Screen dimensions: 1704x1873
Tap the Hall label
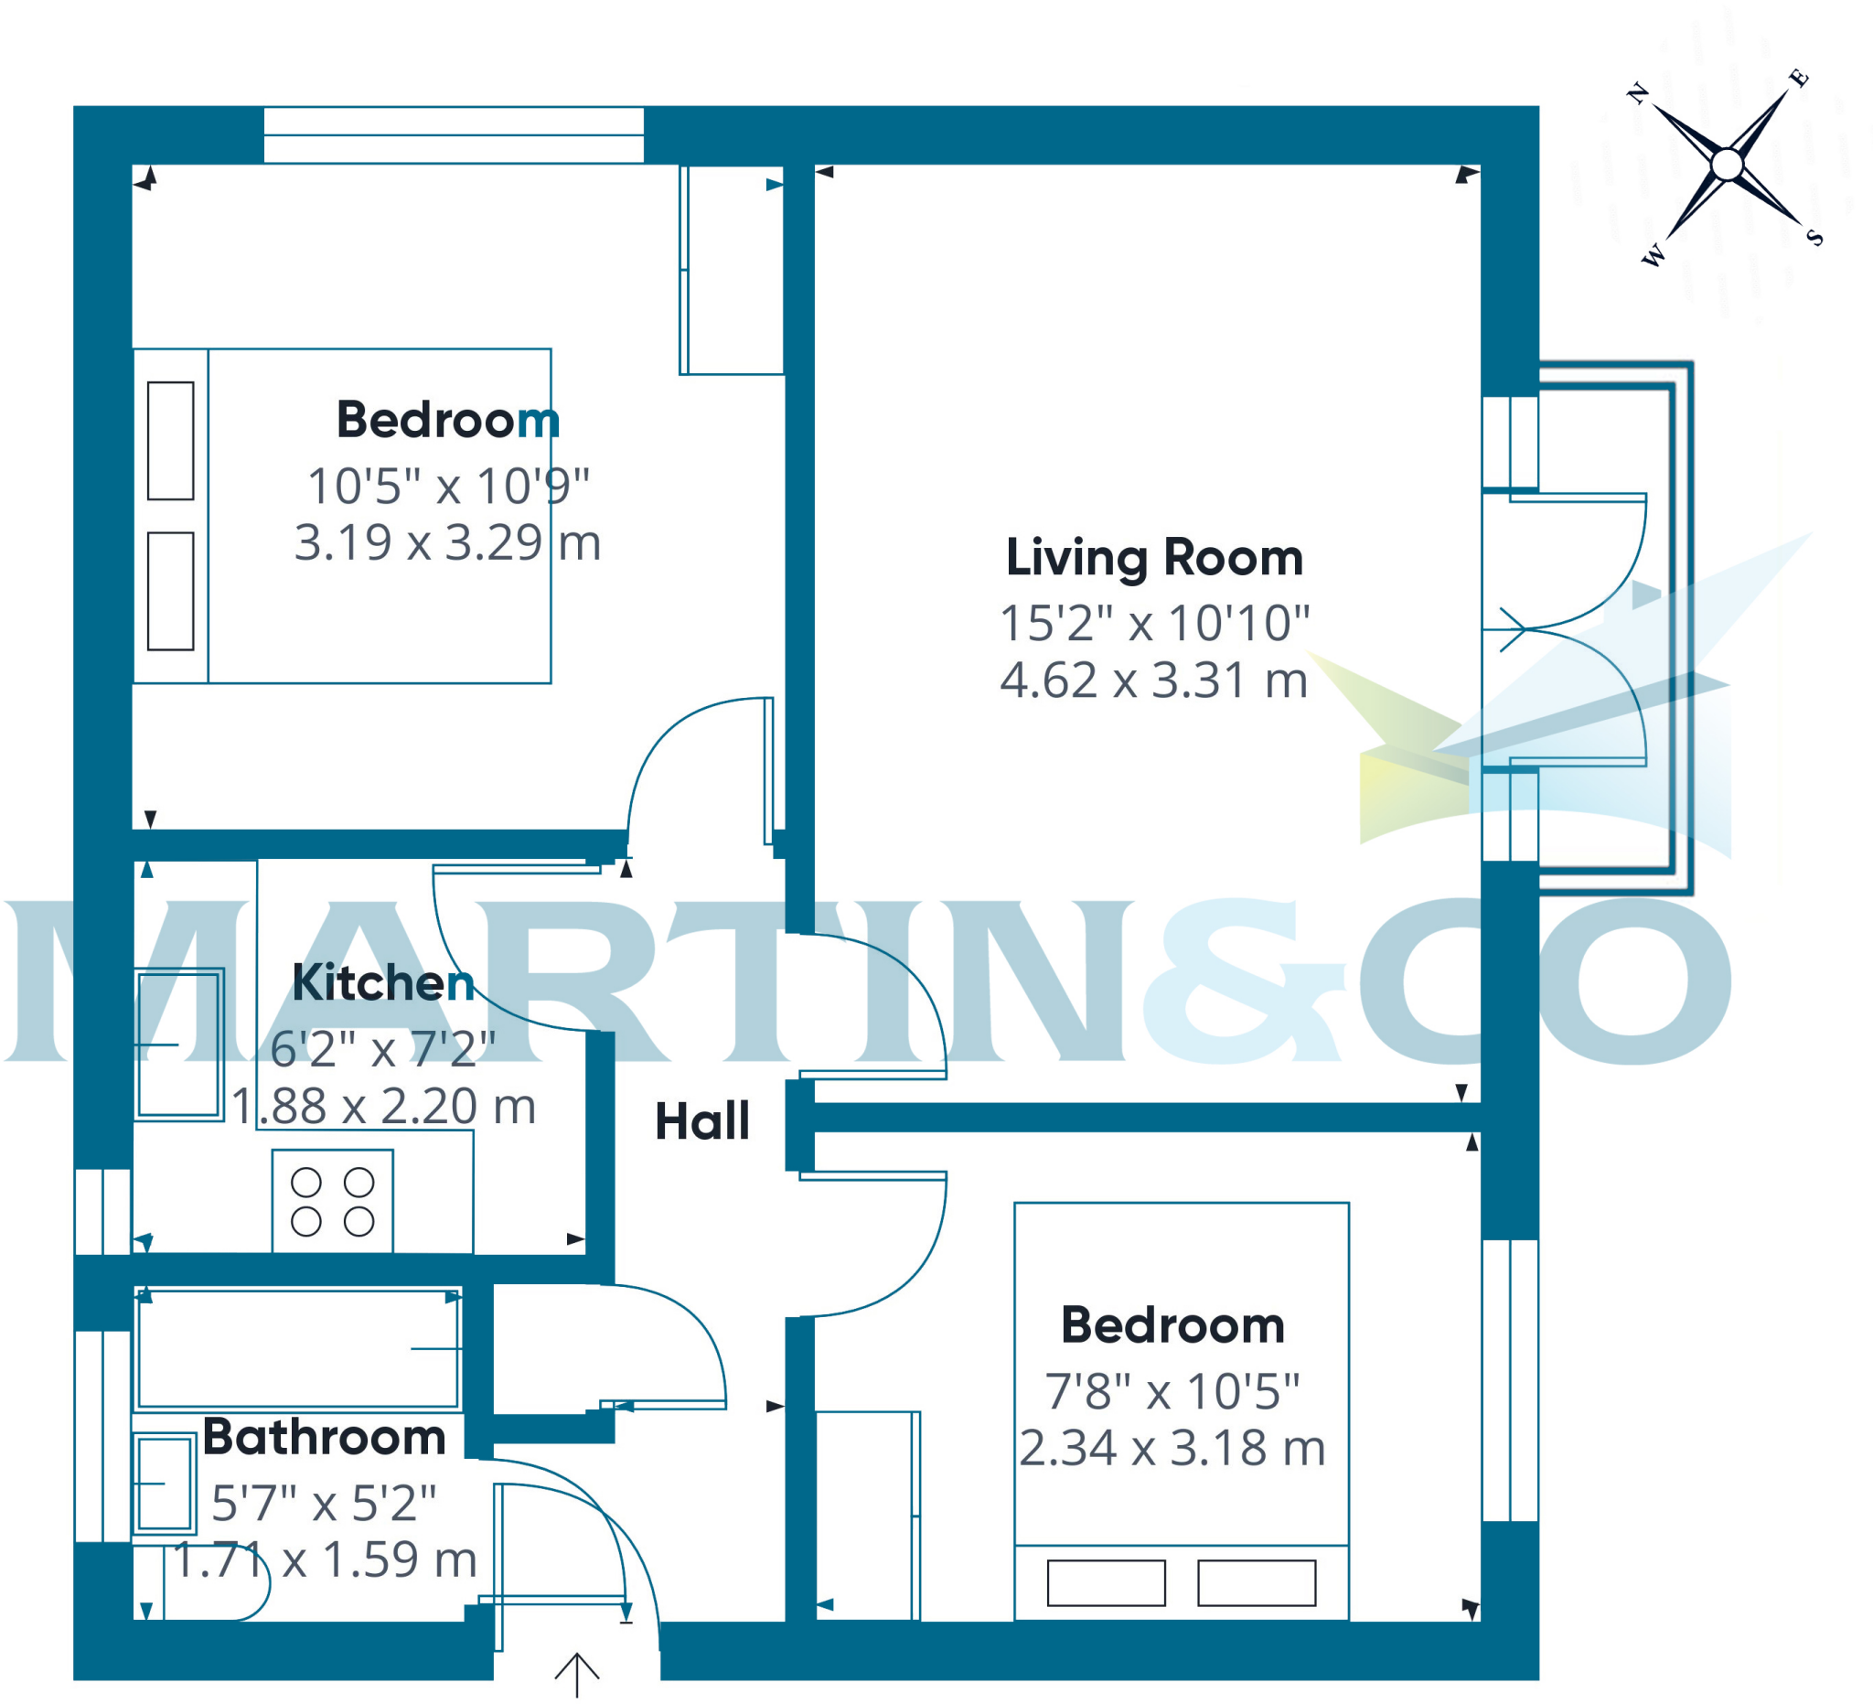point(701,1120)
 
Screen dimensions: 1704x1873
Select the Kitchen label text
point(383,982)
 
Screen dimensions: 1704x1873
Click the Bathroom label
point(325,1436)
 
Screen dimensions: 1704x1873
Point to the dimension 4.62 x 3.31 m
point(1154,681)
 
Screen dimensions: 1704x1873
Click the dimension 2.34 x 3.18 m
point(1172,1448)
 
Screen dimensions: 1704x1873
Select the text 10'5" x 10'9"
point(448,486)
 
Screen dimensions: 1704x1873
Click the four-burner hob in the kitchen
point(333,1201)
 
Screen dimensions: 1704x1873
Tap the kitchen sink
point(180,1045)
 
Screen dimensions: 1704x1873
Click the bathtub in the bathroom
point(298,1348)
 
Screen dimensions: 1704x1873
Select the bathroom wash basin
point(165,1483)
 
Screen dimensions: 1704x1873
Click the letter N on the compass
point(1637,93)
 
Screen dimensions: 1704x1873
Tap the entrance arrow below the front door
point(577,1673)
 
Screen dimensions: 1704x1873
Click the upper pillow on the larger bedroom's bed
point(171,440)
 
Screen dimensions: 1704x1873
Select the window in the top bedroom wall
point(454,134)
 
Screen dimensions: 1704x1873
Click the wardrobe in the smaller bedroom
point(866,1515)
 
